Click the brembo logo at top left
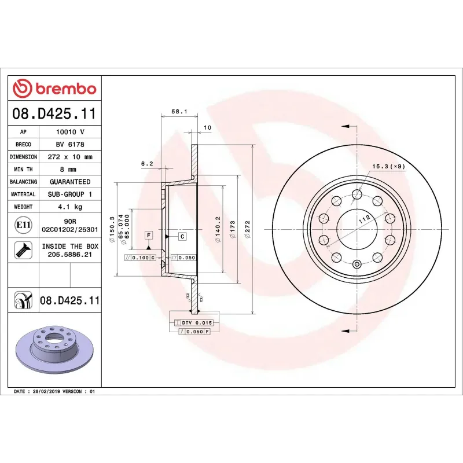pos(54,89)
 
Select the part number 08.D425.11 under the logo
pos(54,113)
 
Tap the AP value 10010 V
pos(70,132)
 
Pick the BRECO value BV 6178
pos(70,144)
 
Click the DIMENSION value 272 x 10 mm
pos(70,157)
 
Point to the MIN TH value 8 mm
pos(68,170)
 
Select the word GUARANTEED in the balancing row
pos(70,182)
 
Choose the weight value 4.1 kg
pos(70,207)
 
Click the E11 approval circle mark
pos(23,225)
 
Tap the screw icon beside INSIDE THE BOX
pos(23,251)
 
